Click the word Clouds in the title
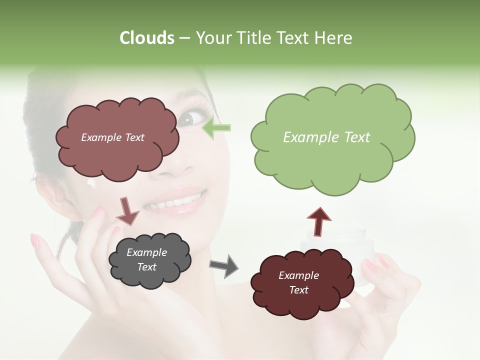pos(146,38)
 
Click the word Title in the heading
pos(253,38)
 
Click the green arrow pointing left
pos(216,128)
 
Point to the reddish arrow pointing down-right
pos(127,210)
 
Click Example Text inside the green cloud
pos(326,137)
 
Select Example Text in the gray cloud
pos(147,260)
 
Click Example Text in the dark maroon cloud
pos(298,283)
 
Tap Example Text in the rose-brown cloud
pos(112,137)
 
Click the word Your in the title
pos(213,38)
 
